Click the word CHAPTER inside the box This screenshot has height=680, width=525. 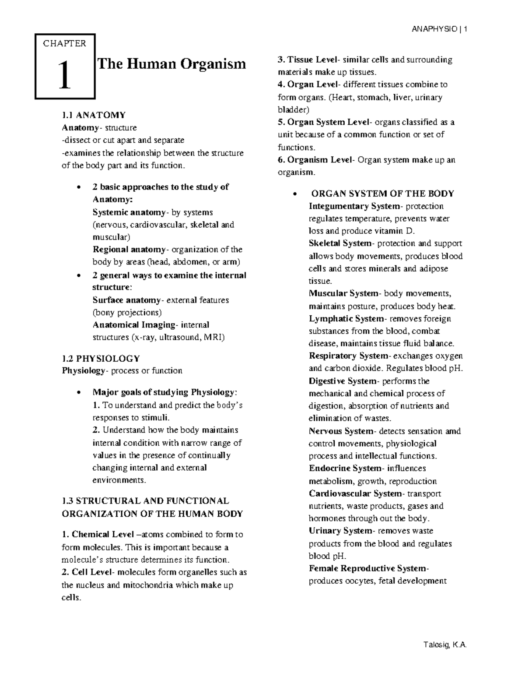(x=64, y=43)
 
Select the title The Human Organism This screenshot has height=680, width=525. (x=171, y=64)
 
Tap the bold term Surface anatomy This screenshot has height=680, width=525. (x=126, y=300)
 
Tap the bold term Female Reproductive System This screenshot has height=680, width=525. (x=368, y=568)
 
